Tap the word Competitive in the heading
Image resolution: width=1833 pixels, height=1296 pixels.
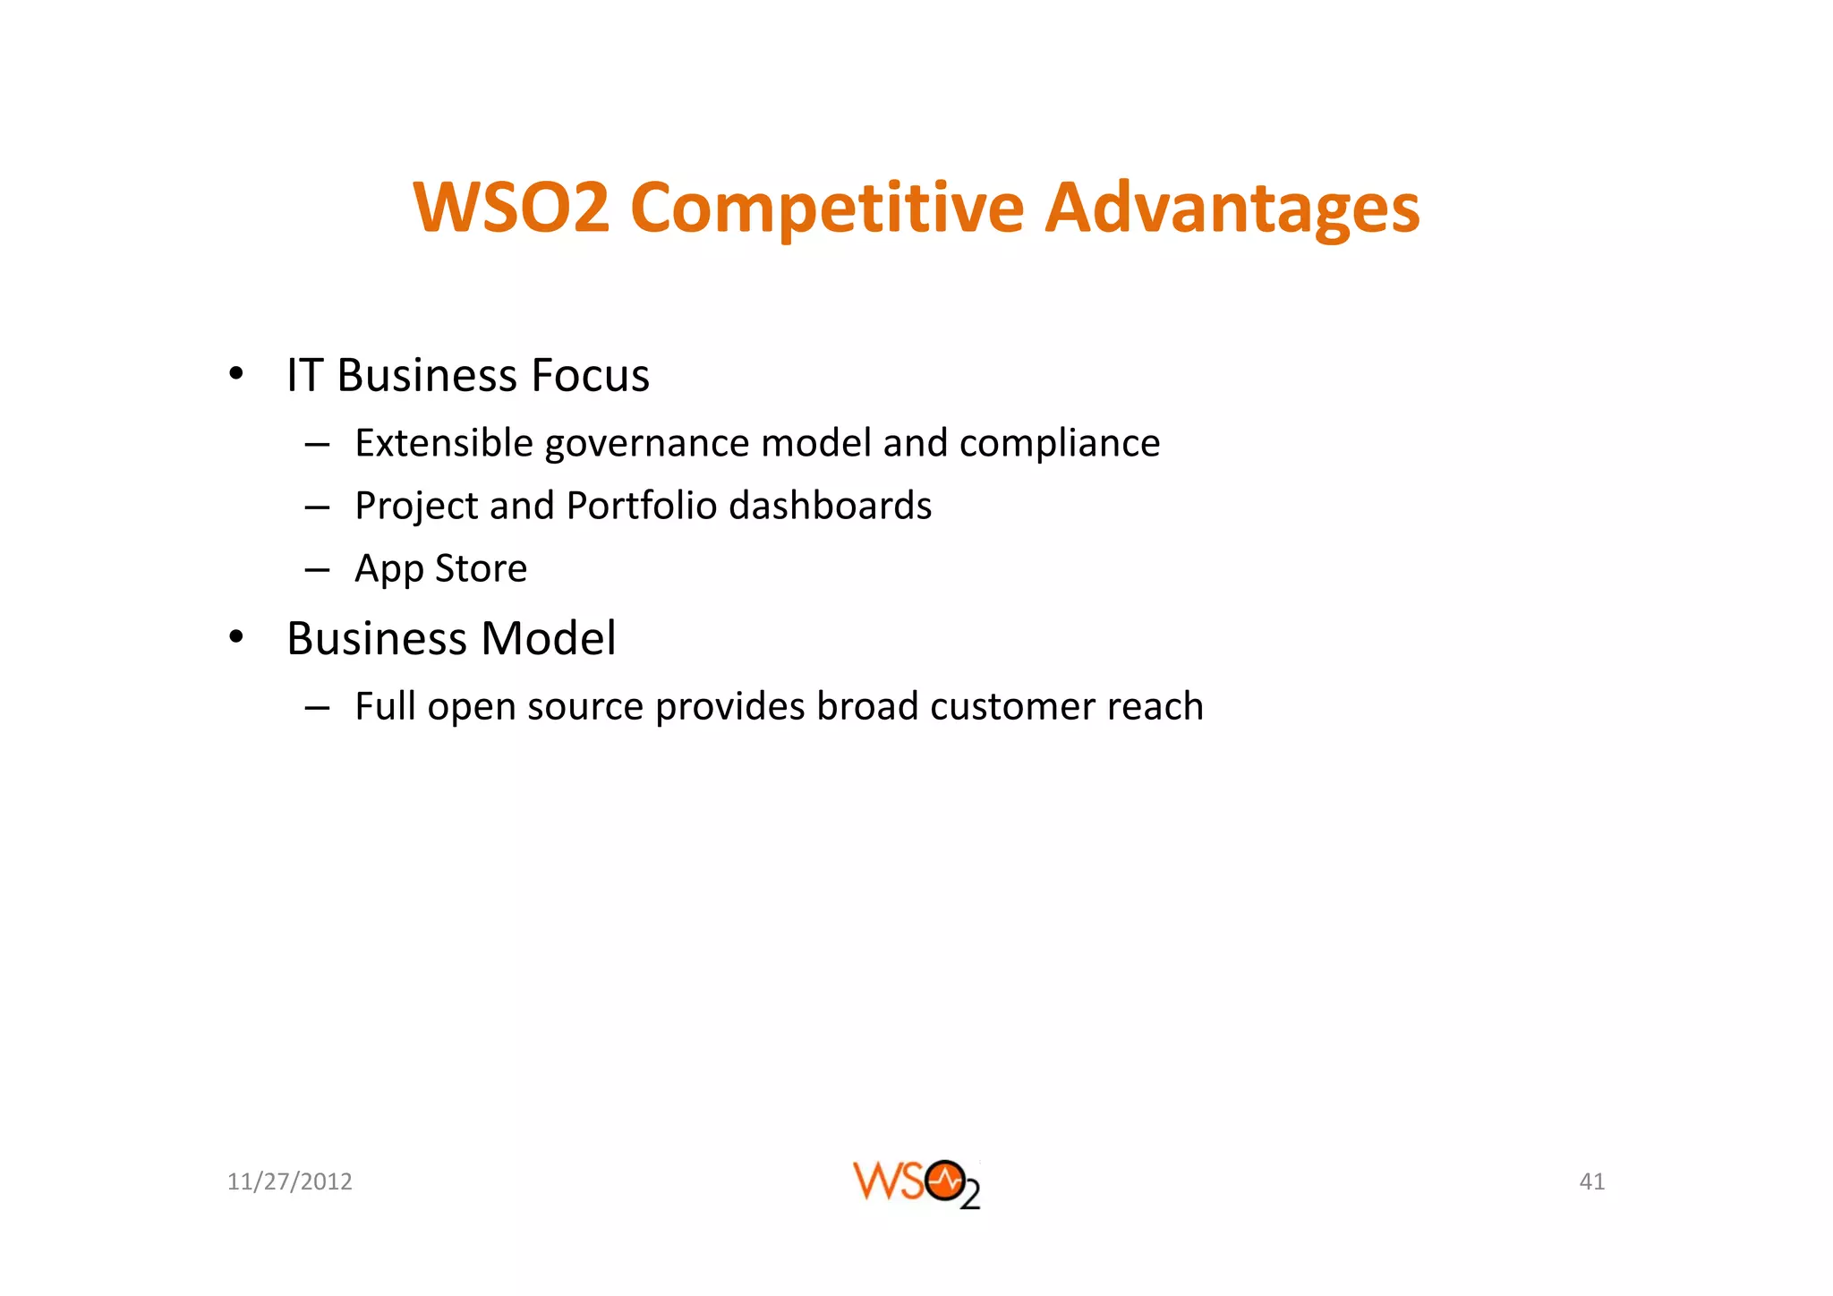tap(826, 209)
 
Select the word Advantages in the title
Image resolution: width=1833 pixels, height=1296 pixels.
tap(1232, 209)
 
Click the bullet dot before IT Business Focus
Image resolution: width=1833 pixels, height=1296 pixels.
tap(235, 373)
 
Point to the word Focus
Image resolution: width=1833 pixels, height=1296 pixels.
tap(590, 375)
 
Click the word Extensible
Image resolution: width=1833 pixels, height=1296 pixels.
tap(444, 443)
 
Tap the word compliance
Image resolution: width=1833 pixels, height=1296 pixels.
tap(1060, 444)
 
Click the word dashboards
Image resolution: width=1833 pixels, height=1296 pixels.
tap(831, 506)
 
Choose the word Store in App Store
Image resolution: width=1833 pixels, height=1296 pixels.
tap(481, 568)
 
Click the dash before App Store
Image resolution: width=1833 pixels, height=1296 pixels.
tap(317, 569)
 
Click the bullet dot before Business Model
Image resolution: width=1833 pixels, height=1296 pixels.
tap(235, 637)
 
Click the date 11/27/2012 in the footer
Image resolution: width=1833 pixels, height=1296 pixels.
tap(290, 1182)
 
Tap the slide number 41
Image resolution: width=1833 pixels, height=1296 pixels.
tap(1591, 1182)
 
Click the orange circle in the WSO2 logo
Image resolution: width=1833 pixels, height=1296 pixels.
tap(945, 1181)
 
